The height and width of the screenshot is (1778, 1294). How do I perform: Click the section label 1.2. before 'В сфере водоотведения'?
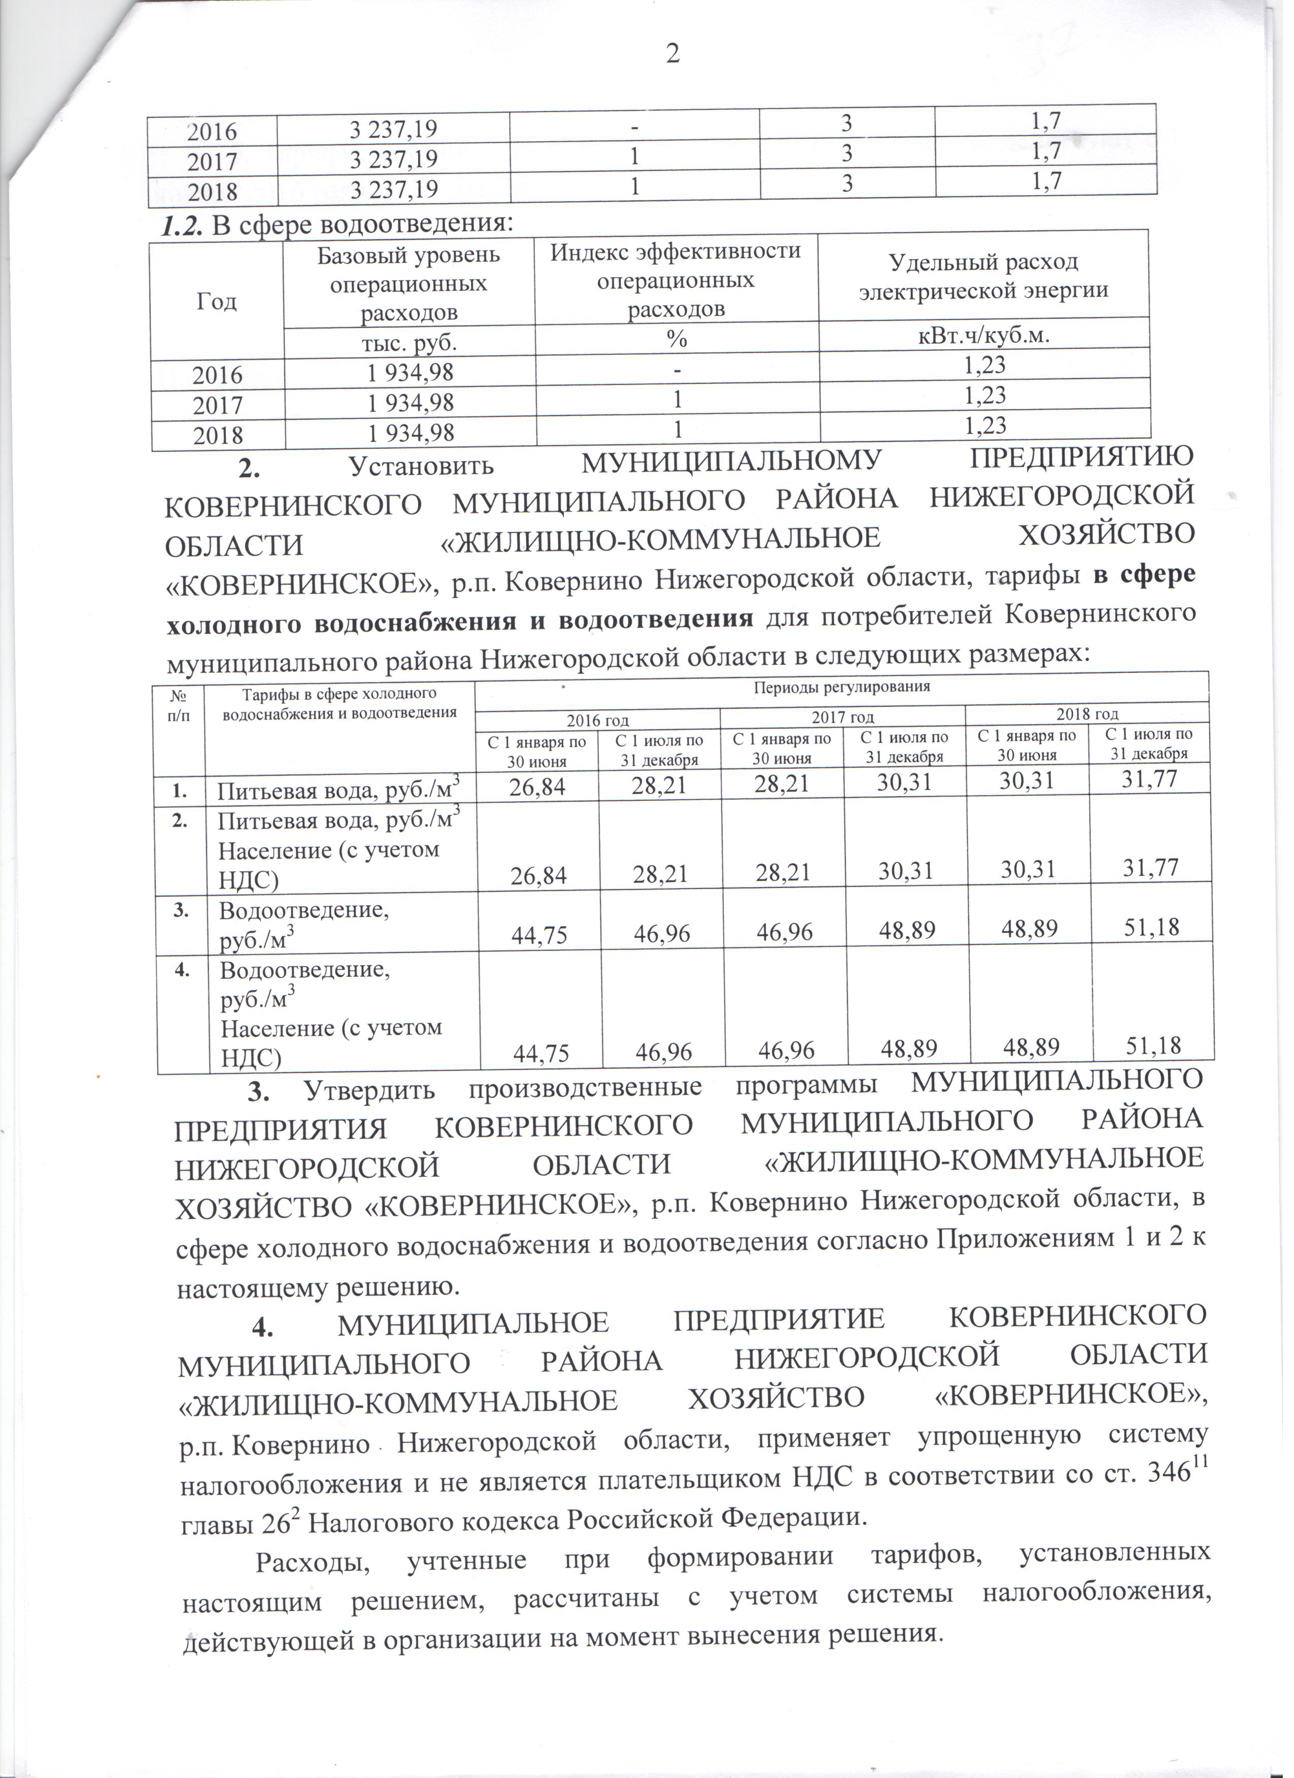pyautogui.click(x=183, y=225)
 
